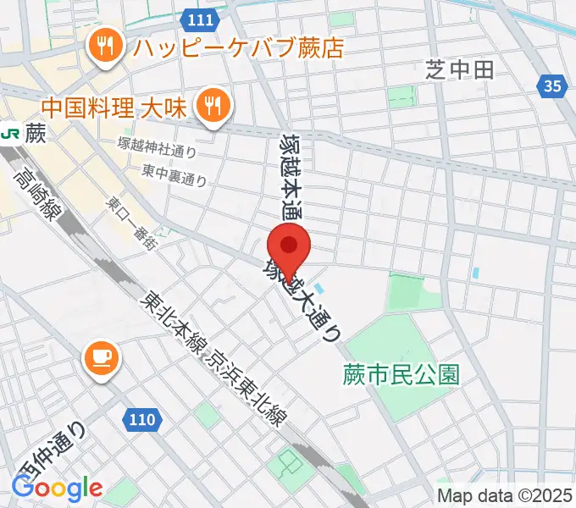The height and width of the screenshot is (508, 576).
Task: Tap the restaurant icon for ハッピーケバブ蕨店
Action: tap(106, 46)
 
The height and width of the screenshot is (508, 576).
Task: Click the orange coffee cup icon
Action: tap(102, 358)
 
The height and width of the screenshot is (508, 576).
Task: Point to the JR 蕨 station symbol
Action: tap(12, 133)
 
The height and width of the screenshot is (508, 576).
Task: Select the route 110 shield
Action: tap(144, 418)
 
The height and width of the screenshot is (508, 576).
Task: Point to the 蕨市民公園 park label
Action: tap(402, 374)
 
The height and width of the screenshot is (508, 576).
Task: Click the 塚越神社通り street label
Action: tap(158, 151)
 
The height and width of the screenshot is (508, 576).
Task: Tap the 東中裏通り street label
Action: tap(175, 175)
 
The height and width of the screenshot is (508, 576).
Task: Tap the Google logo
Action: tap(57, 488)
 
